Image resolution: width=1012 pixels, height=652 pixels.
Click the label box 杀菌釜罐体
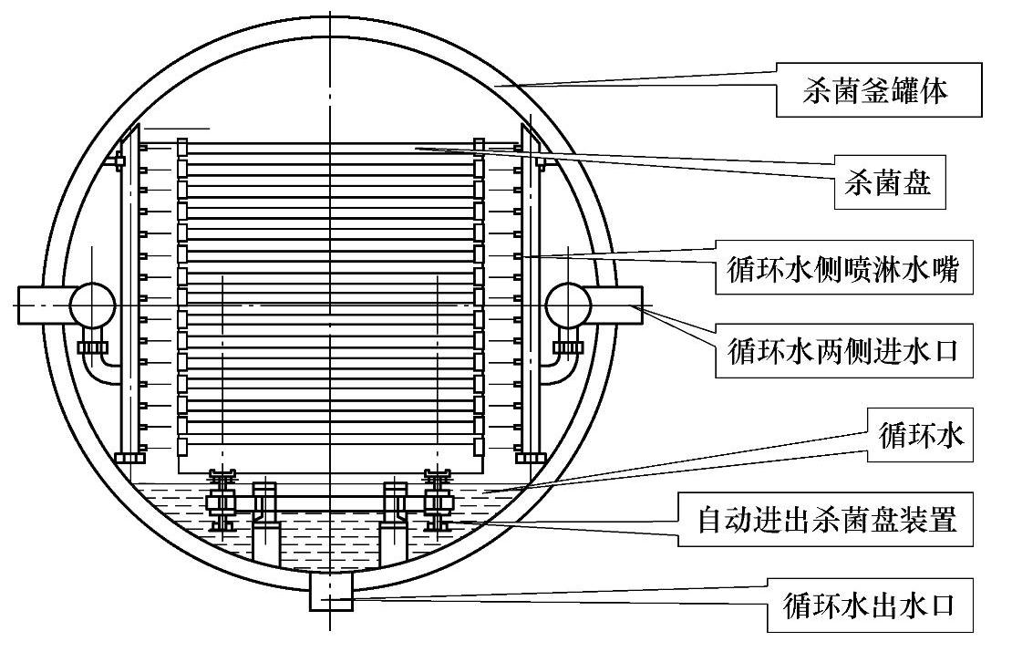878,89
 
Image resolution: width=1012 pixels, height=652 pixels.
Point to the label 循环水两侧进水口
842,348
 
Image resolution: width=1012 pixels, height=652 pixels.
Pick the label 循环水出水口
869,604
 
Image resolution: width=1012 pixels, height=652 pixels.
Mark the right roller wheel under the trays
439,501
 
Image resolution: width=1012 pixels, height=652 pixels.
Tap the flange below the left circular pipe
92,347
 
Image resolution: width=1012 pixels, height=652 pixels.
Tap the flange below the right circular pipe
568,347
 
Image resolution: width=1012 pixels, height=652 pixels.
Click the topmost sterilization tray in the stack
328,148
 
